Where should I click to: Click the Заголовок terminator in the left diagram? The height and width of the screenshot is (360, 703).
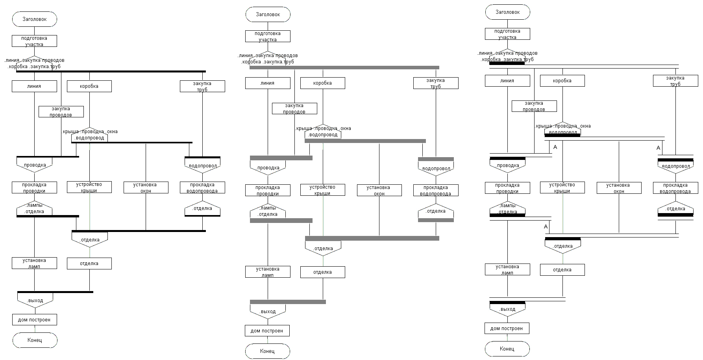[35, 19]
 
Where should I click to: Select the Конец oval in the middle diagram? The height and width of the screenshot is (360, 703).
[267, 351]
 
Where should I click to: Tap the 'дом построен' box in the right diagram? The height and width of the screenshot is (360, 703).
[507, 328]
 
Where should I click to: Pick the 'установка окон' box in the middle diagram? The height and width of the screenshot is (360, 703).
[379, 190]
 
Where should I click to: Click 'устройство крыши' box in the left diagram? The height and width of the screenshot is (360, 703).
[89, 187]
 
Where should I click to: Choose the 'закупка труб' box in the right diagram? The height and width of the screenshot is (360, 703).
[675, 81]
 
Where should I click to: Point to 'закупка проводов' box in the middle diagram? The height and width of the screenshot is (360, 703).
[294, 108]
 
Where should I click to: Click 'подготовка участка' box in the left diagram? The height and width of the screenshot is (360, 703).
[34, 41]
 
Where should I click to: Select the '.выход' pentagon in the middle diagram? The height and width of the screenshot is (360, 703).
[268, 311]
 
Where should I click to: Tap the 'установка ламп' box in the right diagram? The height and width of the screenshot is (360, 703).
[507, 269]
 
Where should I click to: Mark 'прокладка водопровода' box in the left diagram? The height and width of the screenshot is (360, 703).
[202, 187]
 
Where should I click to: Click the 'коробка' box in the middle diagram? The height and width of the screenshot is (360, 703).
[322, 83]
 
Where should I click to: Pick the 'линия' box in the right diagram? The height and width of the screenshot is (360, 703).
[507, 81]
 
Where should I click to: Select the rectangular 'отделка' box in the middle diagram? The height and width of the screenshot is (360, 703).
[322, 272]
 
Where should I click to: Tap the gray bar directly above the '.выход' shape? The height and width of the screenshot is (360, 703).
[288, 302]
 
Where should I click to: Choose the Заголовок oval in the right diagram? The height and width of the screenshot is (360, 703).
[507, 12]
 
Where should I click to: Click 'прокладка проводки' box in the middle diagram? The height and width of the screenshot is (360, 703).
[268, 190]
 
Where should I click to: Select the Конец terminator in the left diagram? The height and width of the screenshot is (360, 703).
[35, 340]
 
